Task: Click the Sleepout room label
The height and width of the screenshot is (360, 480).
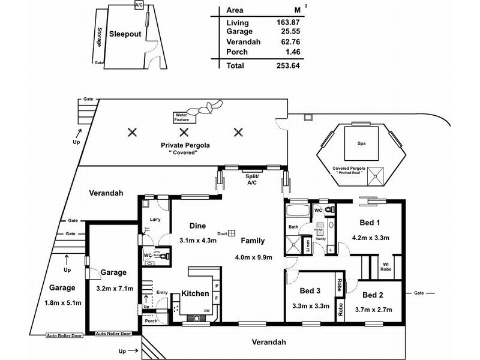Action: pos(124,34)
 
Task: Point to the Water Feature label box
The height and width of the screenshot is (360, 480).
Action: pos(181,117)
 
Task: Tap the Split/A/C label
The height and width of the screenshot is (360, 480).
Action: pos(252,180)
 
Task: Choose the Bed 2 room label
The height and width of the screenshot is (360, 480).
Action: pos(373,295)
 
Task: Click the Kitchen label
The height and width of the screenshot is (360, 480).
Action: pos(196,294)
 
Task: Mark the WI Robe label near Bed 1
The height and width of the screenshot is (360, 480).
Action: pos(386,266)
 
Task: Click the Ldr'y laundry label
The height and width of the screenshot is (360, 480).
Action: pos(154,220)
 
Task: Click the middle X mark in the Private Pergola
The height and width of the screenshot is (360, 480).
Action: pos(185,132)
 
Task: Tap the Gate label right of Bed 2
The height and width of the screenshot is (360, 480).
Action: pos(419,293)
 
